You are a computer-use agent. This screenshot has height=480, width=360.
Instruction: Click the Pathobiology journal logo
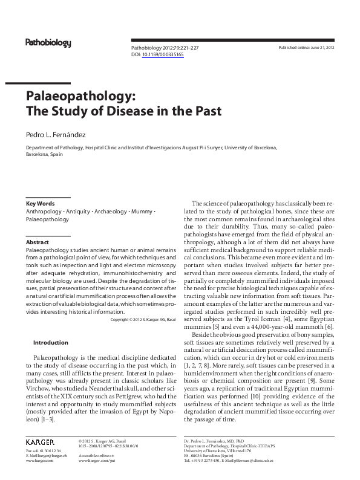click(48, 43)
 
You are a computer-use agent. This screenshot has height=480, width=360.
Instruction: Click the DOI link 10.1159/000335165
click(163, 54)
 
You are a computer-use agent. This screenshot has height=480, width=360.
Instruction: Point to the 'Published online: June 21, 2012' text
click(306, 47)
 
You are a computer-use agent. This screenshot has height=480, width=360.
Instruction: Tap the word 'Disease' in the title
click(152, 112)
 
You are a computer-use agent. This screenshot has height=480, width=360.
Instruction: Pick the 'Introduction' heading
click(50, 343)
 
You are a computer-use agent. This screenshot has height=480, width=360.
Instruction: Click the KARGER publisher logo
click(40, 443)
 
